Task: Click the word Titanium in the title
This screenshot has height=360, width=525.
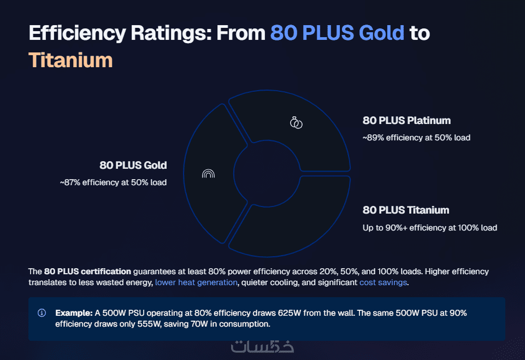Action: (70, 60)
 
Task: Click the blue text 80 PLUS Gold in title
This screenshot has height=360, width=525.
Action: (337, 33)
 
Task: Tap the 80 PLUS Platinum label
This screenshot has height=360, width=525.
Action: (406, 121)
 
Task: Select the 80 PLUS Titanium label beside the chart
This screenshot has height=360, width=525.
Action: (405, 210)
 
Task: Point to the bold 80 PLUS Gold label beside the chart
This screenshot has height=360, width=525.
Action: (133, 166)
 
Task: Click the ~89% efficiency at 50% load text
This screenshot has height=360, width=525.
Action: (416, 138)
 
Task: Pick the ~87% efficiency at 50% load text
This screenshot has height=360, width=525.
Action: (113, 182)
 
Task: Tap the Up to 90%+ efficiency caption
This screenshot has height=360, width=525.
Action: (430, 228)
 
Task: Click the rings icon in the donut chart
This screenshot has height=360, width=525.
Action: (296, 122)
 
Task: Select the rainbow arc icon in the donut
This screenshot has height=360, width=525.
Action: (208, 174)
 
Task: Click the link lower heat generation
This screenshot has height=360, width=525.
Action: (196, 282)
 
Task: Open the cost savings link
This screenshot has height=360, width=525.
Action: (382, 282)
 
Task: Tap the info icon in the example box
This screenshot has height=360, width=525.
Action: (42, 313)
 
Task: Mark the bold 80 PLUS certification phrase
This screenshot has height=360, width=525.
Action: (87, 271)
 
